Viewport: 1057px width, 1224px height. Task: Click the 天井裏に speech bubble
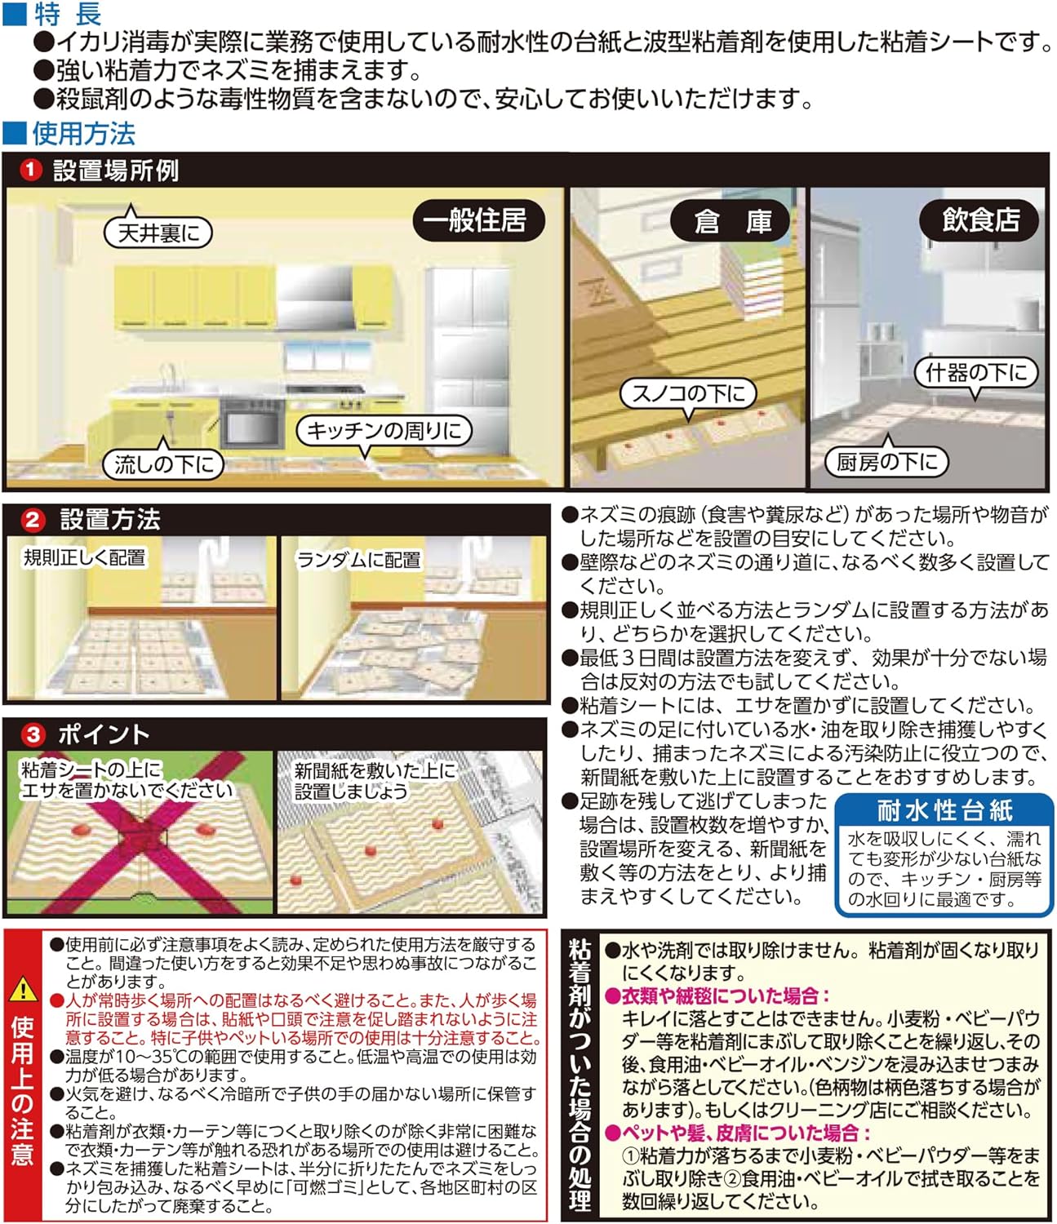pos(158,233)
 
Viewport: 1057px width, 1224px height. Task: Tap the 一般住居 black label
pos(477,220)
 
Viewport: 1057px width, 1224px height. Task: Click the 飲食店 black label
pos(980,220)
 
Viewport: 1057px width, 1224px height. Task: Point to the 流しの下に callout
pos(163,464)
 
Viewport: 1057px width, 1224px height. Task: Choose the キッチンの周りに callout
pos(384,430)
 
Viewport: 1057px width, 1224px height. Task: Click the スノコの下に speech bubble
pos(688,394)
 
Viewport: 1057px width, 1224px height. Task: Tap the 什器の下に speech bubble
pos(975,373)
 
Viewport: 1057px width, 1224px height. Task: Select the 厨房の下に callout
pos(886,462)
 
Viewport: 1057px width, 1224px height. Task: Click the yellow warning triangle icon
pos(23,990)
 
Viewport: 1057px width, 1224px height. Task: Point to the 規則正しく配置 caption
pos(84,558)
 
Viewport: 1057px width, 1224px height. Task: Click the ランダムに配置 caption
pos(358,560)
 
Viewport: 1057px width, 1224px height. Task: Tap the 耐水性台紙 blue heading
pos(944,810)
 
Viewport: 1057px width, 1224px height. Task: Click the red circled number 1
pos(30,171)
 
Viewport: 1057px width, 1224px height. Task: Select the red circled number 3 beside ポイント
pos(33,734)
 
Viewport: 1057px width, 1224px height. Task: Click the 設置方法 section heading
pos(110,520)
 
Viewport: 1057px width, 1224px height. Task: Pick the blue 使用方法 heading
pos(82,133)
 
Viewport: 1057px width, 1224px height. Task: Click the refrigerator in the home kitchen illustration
pos(469,343)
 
